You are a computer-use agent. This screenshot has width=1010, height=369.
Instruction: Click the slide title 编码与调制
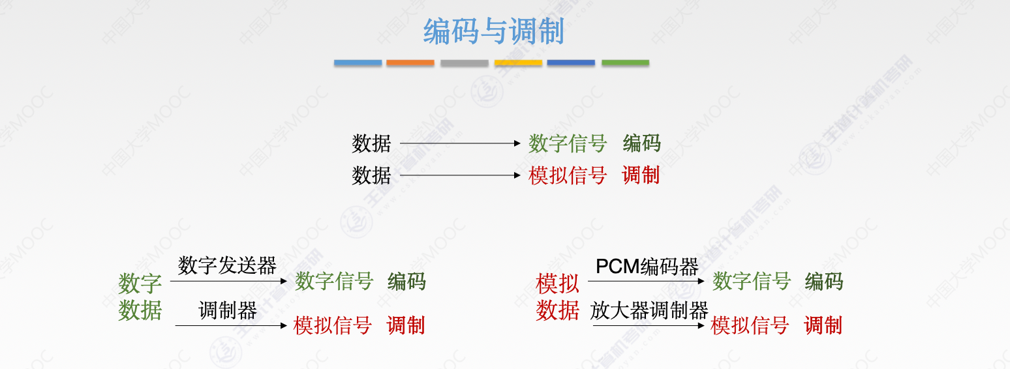(493, 32)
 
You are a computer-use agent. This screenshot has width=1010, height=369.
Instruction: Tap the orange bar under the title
(410, 63)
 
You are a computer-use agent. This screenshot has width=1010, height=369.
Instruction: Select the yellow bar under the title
(518, 63)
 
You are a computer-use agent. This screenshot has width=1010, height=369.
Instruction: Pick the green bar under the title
(625, 63)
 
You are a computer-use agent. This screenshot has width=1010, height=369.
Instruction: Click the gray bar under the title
(464, 63)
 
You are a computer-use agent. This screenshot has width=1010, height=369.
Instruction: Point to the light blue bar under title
(358, 63)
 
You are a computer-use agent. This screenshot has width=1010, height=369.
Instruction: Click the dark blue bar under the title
(571, 63)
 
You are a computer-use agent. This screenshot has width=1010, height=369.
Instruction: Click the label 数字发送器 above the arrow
(227, 265)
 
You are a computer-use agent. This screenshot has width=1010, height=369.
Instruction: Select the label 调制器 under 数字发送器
(227, 310)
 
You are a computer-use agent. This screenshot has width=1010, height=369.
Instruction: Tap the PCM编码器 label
(647, 266)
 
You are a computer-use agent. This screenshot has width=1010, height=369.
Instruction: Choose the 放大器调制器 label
(649, 310)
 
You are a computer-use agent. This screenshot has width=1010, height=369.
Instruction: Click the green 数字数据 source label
(140, 297)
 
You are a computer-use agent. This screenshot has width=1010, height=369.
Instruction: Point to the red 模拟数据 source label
(557, 297)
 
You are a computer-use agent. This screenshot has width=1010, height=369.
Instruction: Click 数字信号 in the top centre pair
(568, 143)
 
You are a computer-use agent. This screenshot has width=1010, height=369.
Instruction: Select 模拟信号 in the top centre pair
(568, 175)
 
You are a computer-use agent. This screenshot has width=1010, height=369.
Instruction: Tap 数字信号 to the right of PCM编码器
(752, 282)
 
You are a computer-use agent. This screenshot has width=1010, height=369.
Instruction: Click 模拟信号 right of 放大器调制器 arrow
(750, 325)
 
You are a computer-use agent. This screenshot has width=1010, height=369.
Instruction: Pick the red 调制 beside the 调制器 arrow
(405, 325)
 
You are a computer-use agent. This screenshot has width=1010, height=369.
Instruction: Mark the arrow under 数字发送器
(228, 281)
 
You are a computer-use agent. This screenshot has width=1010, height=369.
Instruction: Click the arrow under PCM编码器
(646, 281)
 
